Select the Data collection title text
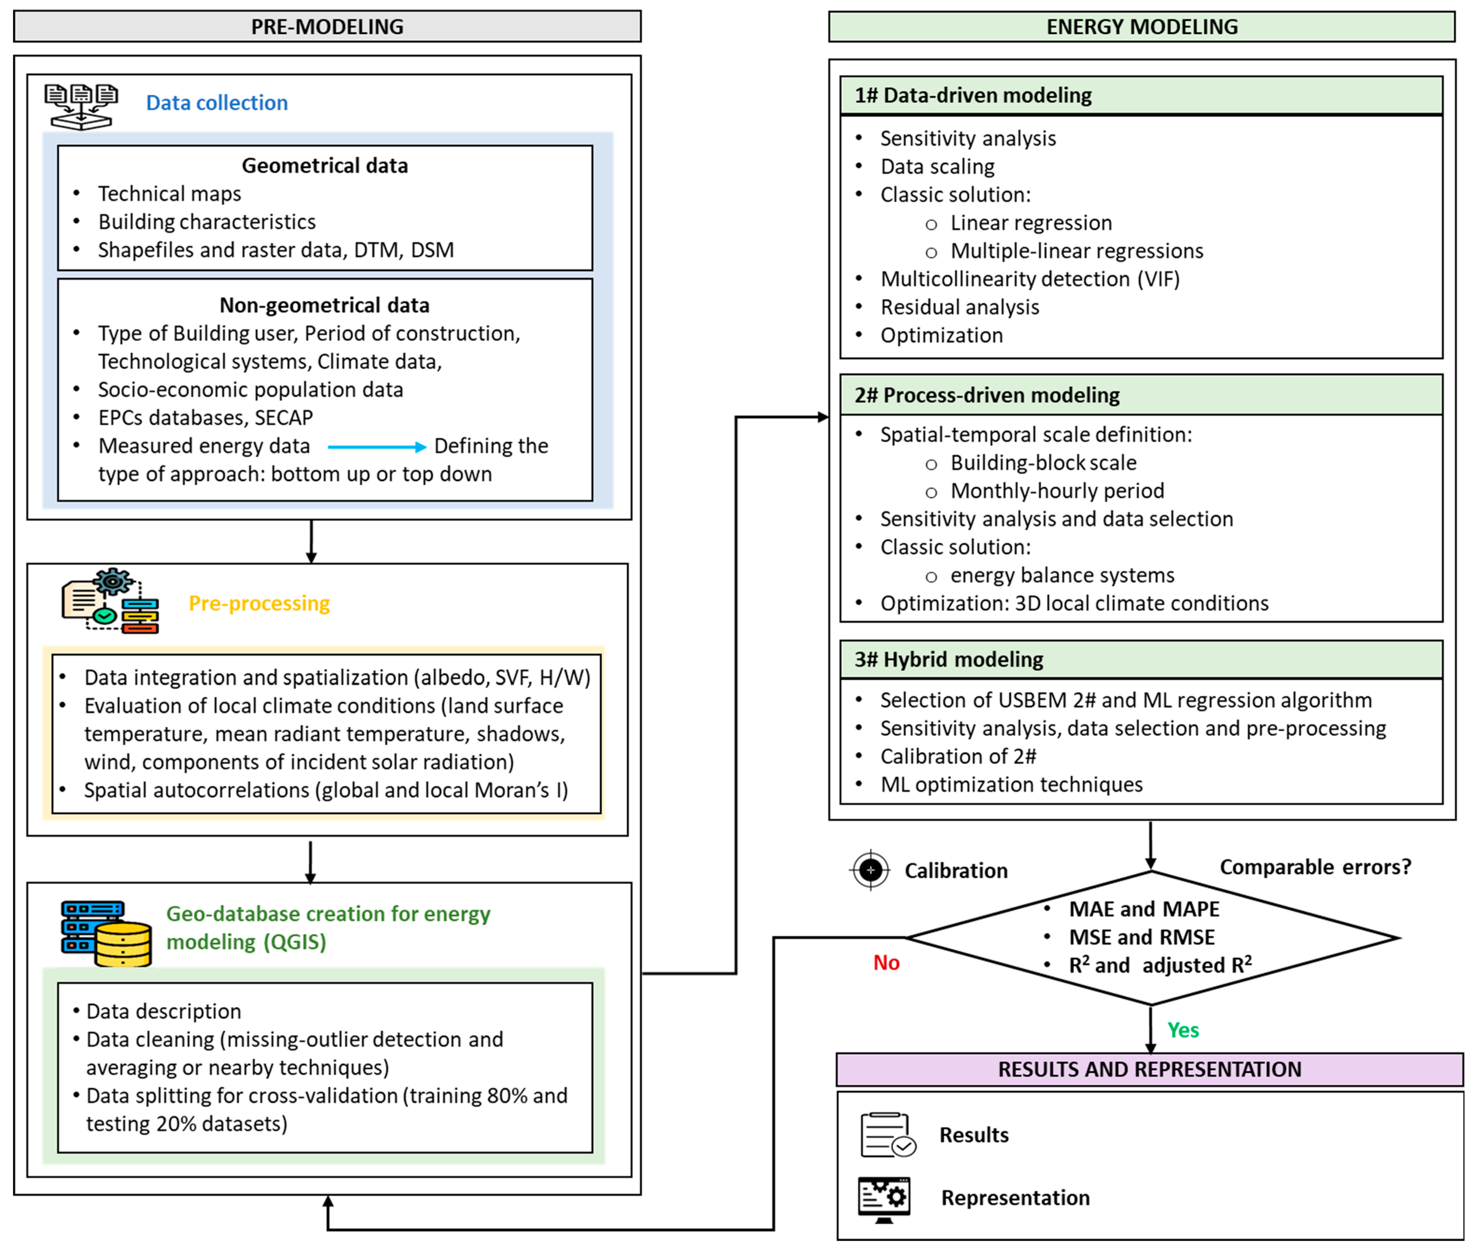click(217, 103)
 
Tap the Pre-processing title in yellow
click(259, 603)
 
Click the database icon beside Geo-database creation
click(106, 933)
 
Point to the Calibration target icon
click(870, 870)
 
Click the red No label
click(886, 963)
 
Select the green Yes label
click(1183, 1030)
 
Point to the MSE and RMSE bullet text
click(1142, 938)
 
